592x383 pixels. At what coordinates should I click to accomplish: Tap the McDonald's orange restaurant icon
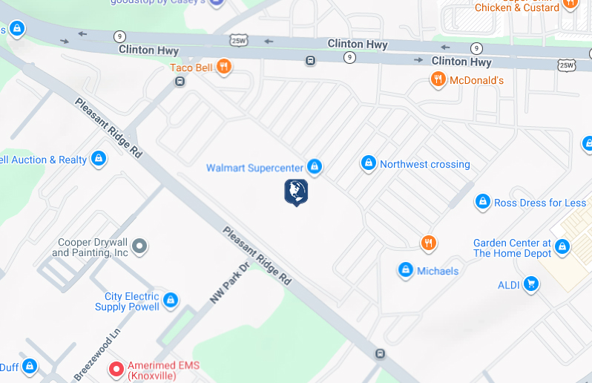[x=438, y=79]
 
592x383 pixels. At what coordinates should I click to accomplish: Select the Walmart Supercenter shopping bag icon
[x=315, y=167]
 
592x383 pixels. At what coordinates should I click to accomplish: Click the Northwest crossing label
[x=424, y=164]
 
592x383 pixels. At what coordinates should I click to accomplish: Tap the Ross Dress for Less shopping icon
[x=483, y=202]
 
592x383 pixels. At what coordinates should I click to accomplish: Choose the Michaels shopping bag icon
[x=406, y=270]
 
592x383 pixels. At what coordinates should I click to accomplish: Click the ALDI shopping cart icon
[x=530, y=284]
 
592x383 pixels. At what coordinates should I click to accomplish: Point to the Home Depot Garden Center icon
[x=562, y=246]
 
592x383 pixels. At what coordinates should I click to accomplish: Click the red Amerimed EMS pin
[x=116, y=369]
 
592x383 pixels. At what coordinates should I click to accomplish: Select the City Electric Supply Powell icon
[x=171, y=301]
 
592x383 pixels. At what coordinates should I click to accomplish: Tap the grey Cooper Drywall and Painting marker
[x=139, y=246]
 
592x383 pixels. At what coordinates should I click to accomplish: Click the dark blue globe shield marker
[x=296, y=191]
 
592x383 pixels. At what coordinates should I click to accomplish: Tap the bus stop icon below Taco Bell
[x=180, y=82]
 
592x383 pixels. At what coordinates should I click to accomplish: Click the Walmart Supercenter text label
[x=254, y=168]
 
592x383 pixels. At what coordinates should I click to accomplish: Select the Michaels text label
[x=438, y=271]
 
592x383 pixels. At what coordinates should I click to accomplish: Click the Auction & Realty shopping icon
[x=98, y=159]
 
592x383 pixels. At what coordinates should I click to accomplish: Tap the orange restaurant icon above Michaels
[x=428, y=243]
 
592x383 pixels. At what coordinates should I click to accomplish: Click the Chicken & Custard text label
[x=516, y=7]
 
